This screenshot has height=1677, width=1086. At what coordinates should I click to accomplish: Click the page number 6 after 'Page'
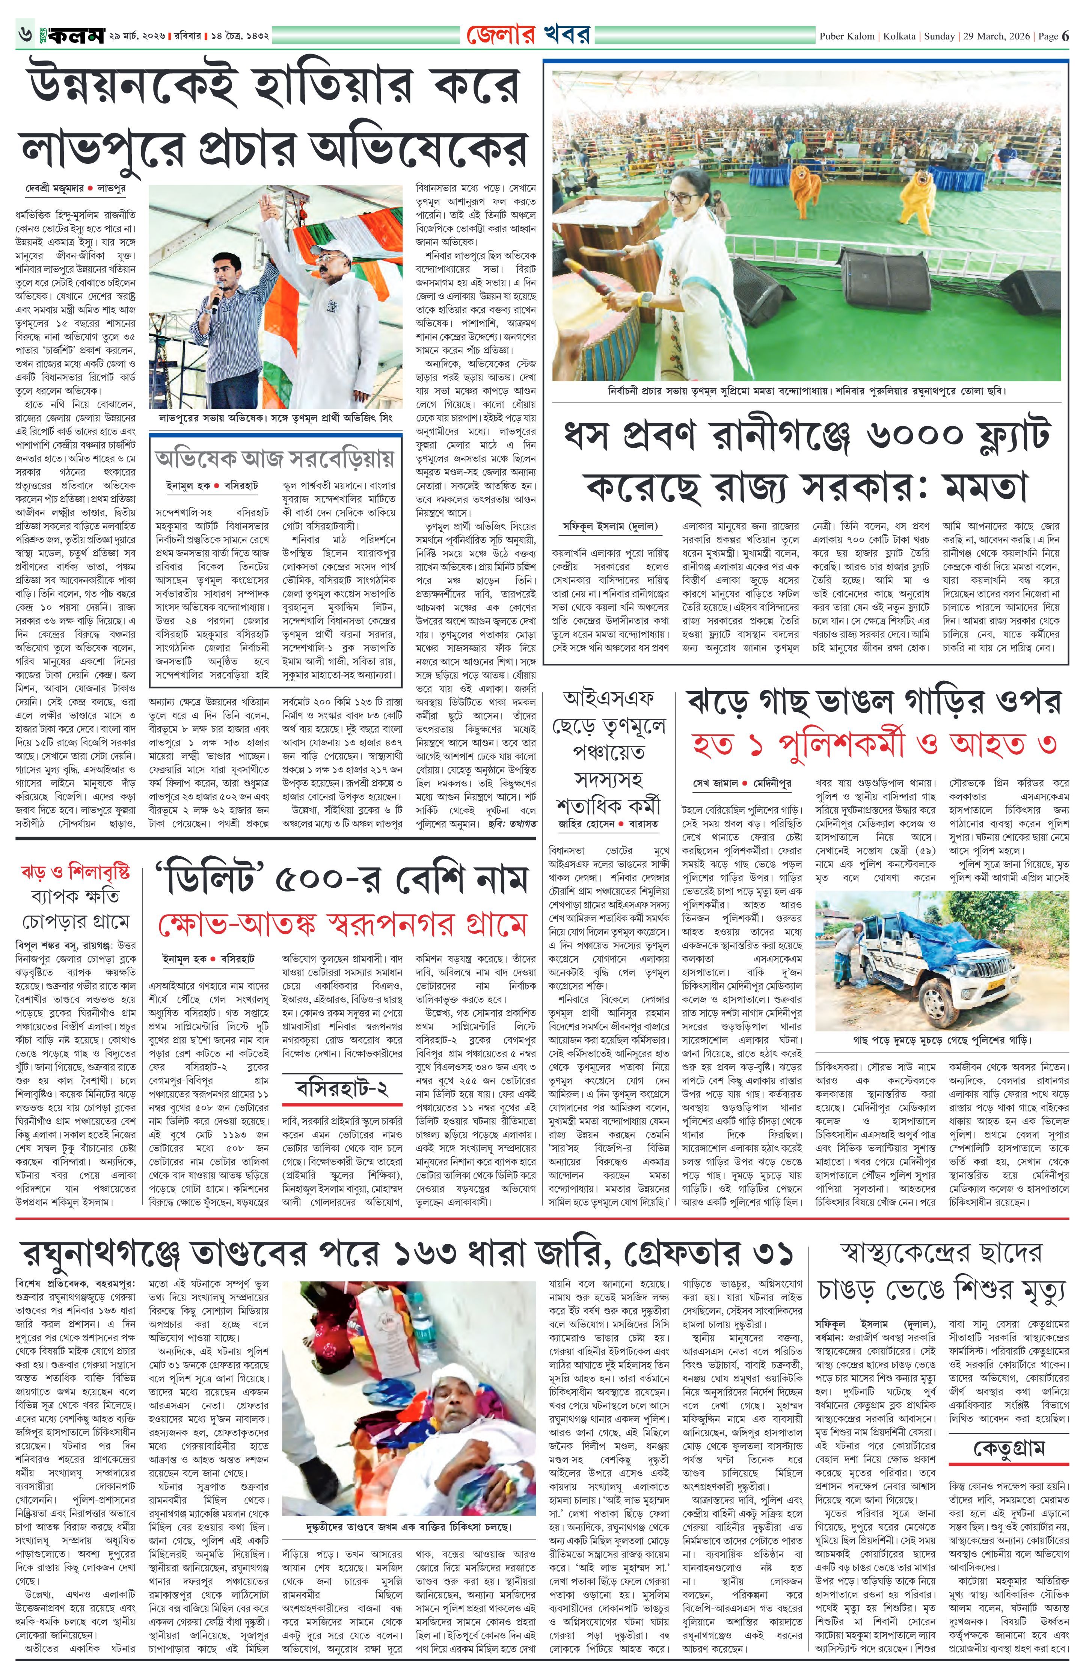pos(1065,36)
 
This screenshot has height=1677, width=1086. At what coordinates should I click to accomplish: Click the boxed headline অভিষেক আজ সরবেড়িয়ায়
pos(275,460)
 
